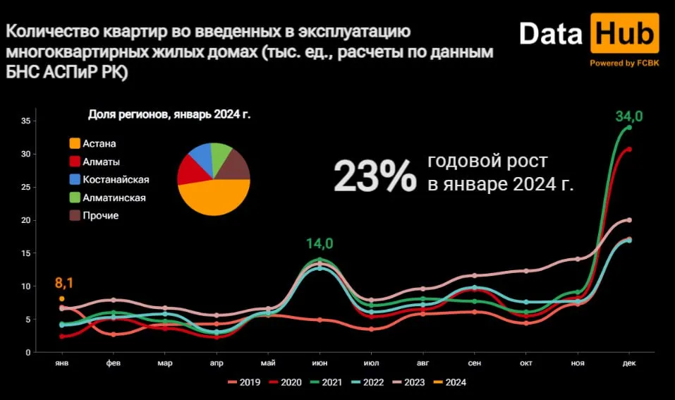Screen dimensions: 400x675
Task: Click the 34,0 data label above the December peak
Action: (x=629, y=116)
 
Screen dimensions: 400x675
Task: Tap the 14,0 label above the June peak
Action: (x=320, y=244)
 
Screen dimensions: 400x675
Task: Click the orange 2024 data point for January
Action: (x=62, y=299)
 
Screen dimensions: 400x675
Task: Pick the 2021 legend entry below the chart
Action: (x=327, y=382)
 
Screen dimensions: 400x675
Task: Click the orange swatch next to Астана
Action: (x=74, y=144)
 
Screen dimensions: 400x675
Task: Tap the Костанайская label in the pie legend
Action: (x=116, y=179)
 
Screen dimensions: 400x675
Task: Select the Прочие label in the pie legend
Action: (x=100, y=215)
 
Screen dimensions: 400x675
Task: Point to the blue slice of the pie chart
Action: (x=201, y=157)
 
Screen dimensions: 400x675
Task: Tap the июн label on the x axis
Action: (x=320, y=363)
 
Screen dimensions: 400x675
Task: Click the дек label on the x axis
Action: (x=629, y=363)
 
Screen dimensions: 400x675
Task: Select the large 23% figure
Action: (x=375, y=176)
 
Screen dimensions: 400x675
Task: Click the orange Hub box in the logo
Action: (x=626, y=34)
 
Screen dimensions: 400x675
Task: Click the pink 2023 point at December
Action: (x=629, y=220)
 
